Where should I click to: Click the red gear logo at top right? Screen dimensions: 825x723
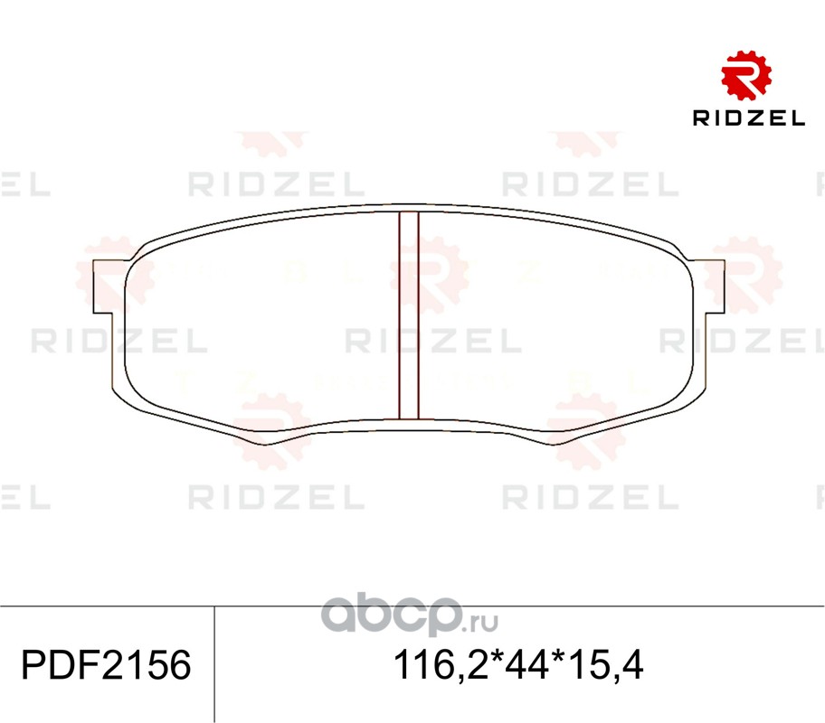(x=746, y=75)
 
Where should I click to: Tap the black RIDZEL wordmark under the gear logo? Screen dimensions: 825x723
(x=749, y=118)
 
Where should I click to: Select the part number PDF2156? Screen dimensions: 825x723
(x=106, y=665)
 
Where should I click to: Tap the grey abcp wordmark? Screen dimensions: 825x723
(x=392, y=616)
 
